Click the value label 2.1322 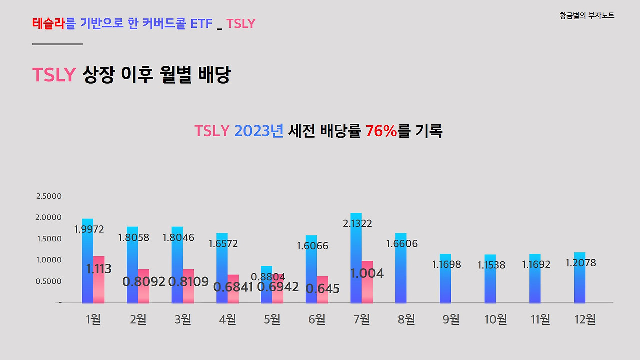357,223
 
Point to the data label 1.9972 89,229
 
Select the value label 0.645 322,289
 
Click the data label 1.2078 581,263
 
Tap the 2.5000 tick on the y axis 49,196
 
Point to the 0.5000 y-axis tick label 49,281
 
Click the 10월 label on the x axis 495,319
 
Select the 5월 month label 272,319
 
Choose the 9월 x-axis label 451,319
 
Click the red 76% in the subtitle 381,131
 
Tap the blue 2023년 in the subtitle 259,131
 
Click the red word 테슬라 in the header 49,23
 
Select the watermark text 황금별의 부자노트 587,16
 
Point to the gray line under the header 57,44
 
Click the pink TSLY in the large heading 54,75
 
